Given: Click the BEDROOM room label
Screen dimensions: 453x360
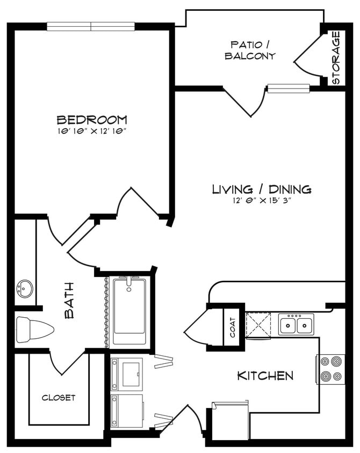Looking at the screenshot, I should (x=92, y=119).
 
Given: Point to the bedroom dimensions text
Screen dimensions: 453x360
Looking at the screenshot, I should (x=92, y=130).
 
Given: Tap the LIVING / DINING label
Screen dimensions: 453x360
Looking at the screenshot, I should (x=262, y=189).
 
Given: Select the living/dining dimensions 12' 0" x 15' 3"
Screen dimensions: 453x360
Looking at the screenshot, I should (x=262, y=200).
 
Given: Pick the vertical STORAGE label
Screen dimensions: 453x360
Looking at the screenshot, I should (x=336, y=58).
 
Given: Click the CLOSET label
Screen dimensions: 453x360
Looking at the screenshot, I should (x=59, y=398).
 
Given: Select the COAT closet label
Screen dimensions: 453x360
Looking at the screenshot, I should (x=232, y=327).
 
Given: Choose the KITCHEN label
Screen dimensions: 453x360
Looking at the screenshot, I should (x=265, y=376).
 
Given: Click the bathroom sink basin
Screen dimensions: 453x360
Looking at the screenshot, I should (x=24, y=289).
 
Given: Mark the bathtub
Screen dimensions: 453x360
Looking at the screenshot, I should (x=129, y=311).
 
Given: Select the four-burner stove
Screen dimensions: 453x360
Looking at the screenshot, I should (x=330, y=369).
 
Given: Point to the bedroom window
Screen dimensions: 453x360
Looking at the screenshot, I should (x=90, y=26).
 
